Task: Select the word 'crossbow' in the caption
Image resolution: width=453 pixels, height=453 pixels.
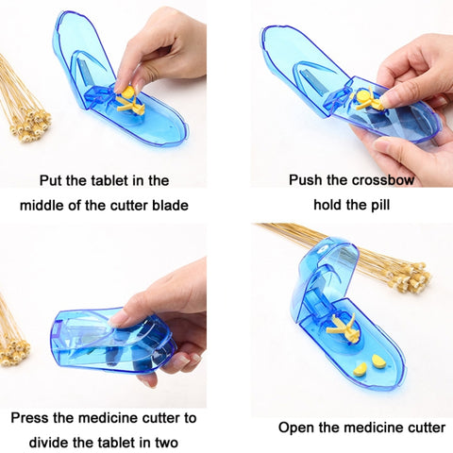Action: point(382,180)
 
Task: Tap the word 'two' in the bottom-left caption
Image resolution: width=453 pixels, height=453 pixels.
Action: point(166,443)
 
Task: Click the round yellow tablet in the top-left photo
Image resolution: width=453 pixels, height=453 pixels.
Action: point(128,92)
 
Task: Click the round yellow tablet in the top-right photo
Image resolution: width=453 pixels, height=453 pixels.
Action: point(364,95)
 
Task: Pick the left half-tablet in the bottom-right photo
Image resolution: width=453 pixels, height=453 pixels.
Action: point(361,370)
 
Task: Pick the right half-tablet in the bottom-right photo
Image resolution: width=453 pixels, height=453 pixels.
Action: point(377,361)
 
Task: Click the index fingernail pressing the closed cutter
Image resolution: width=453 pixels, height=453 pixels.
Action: point(115,318)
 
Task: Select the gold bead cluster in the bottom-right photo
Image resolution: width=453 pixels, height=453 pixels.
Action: point(410,277)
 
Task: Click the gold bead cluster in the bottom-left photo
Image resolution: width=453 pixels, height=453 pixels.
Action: point(13,350)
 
